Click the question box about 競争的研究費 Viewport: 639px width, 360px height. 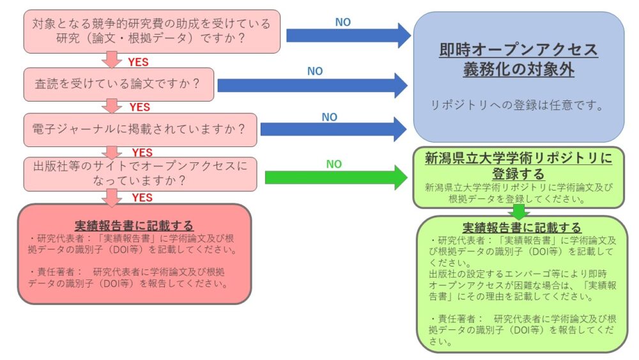(152, 31)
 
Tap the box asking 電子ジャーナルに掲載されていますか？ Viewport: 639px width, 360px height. (140, 129)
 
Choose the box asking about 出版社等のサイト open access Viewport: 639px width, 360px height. (140, 173)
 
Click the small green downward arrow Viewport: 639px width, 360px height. (518, 211)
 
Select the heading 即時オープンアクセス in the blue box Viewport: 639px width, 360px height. (518, 50)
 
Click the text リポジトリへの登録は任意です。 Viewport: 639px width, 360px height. (517, 106)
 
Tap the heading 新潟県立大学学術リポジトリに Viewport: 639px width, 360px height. (518, 159)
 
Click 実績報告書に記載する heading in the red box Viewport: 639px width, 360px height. (134, 226)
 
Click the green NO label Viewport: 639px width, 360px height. (334, 164)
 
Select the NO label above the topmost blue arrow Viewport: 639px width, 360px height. (343, 22)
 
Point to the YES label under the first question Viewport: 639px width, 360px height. (139, 62)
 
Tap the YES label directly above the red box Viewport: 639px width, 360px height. (142, 198)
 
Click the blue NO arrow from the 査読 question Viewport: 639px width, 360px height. (312, 85)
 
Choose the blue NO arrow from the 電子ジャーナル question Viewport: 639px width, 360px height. (333, 129)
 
